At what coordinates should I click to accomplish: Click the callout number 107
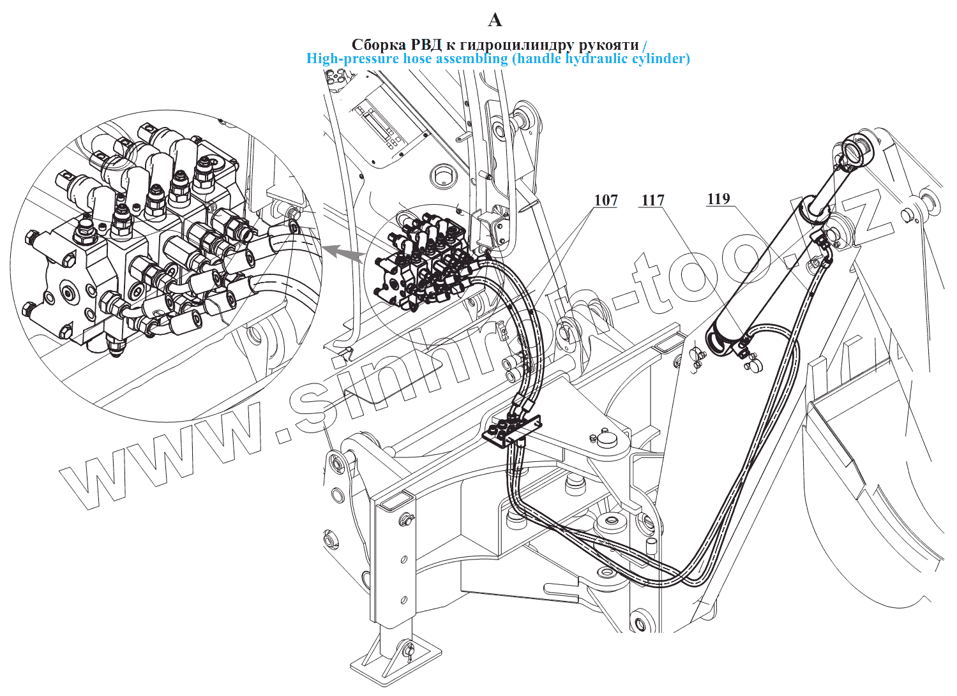606,200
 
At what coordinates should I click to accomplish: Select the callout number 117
652,200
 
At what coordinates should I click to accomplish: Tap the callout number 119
718,199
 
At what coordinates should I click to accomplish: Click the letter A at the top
495,20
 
